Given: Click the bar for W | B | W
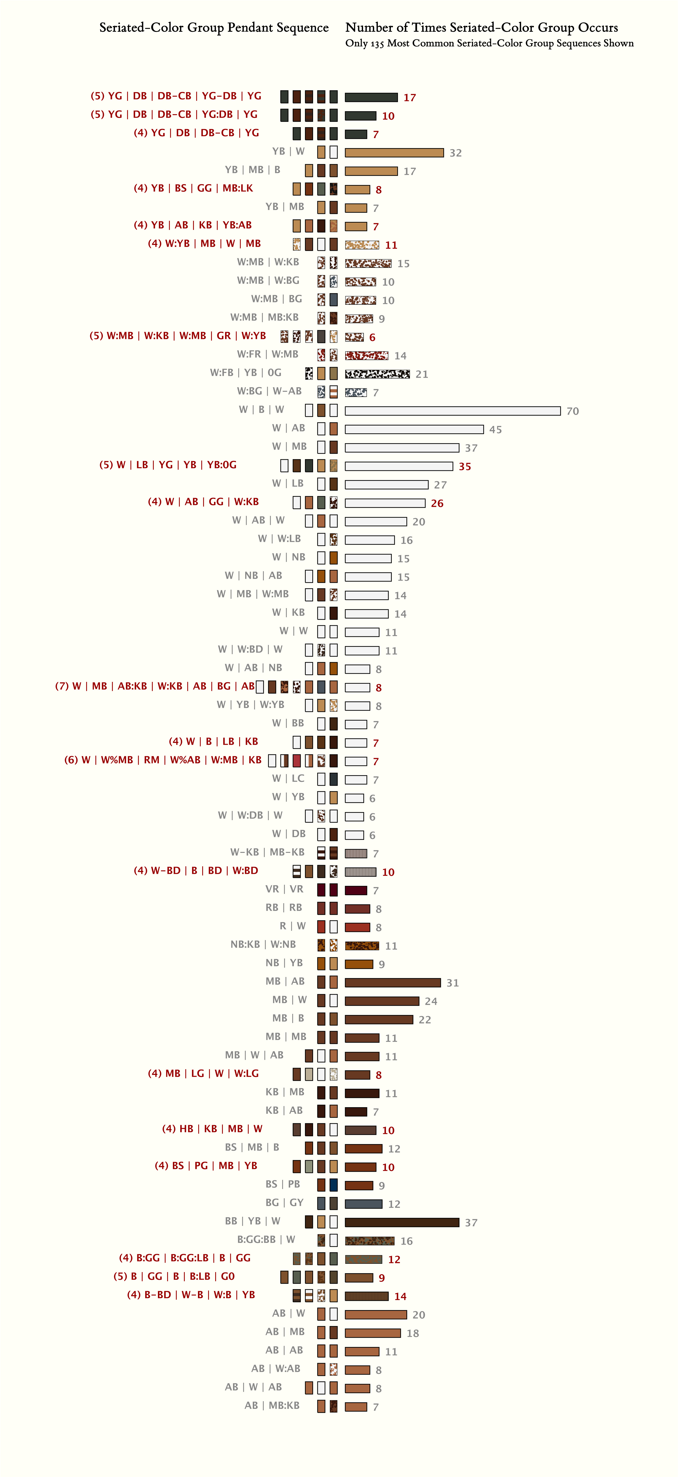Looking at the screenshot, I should pyautogui.click(x=452, y=411).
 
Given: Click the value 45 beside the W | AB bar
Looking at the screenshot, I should pyautogui.click(x=495, y=429).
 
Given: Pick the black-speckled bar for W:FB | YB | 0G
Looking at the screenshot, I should pyautogui.click(x=377, y=374).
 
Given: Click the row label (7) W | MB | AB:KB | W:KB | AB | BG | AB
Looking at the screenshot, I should pyautogui.click(x=155, y=686).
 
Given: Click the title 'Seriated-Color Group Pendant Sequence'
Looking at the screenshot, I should pyautogui.click(x=214, y=27).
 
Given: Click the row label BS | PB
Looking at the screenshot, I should pyautogui.click(x=282, y=1184).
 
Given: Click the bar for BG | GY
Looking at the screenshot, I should pyautogui.click(x=363, y=1203).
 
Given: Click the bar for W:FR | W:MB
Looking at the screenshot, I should pyautogui.click(x=366, y=355).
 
